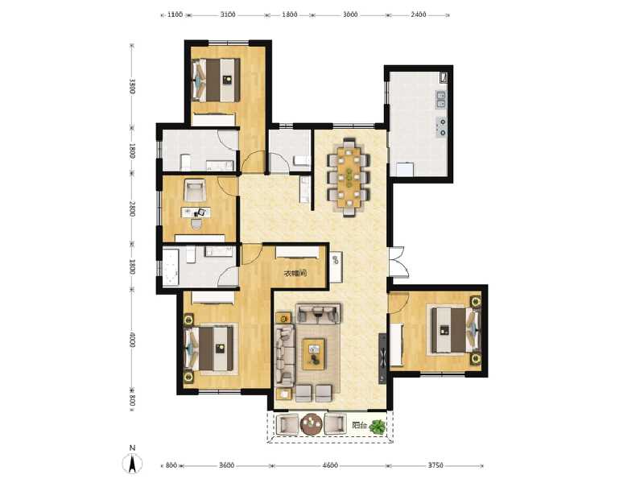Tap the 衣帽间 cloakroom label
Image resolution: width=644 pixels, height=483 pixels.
coord(295,274)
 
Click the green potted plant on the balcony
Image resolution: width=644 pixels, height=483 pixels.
coord(377,426)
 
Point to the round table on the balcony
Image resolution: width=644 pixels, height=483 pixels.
coord(311,424)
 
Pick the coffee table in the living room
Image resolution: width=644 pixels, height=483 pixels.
coord(314,350)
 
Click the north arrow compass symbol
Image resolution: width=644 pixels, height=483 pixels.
coord(132,462)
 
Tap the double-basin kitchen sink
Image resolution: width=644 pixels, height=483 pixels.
coord(441,100)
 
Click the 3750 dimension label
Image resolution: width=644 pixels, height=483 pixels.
coord(436,466)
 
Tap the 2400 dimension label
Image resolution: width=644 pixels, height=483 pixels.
coord(419,14)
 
